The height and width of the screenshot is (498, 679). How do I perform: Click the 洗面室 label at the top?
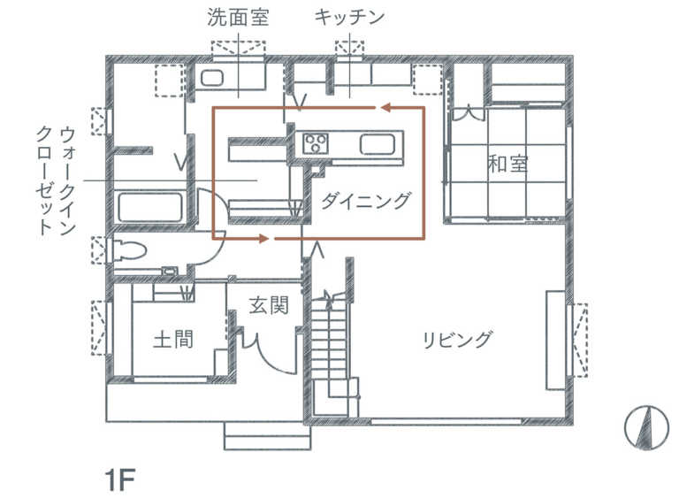pyautogui.click(x=238, y=18)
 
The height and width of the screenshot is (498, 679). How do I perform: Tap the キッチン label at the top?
pyautogui.click(x=350, y=18)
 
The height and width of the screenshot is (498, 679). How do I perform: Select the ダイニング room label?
pyautogui.click(x=365, y=201)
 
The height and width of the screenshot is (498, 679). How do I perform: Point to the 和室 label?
pyautogui.click(x=508, y=164)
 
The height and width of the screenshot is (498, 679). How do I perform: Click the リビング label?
pyautogui.click(x=457, y=340)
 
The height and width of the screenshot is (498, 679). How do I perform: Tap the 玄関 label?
pyautogui.click(x=269, y=305)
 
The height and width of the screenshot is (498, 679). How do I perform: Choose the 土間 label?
pyautogui.click(x=173, y=340)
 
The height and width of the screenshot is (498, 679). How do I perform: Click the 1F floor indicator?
pyautogui.click(x=120, y=479)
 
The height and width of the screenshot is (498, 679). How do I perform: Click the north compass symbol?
pyautogui.click(x=647, y=428)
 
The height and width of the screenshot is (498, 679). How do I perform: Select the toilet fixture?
pyautogui.click(x=130, y=251)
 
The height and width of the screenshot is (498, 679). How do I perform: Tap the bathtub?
pyautogui.click(x=149, y=207)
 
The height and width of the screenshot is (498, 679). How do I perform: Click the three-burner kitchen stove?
pyautogui.click(x=316, y=143)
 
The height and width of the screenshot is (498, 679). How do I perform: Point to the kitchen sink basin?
pyautogui.click(x=378, y=144)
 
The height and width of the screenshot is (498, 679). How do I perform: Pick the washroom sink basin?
pyautogui.click(x=212, y=78)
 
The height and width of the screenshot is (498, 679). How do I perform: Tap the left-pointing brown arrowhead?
pyautogui.click(x=386, y=108)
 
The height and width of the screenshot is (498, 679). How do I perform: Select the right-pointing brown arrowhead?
pyautogui.click(x=263, y=238)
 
